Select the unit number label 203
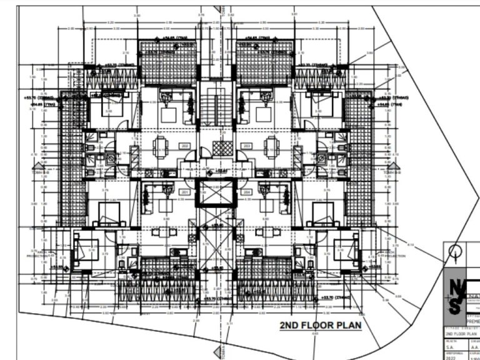pyautogui.click(x=247, y=146)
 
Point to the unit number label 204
pyautogui.click(x=247, y=192)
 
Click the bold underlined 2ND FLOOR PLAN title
pyautogui.click(x=320, y=326)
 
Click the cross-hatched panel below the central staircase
pyautogui.click(x=221, y=148)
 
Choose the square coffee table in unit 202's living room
pyautogui.click(x=169, y=115)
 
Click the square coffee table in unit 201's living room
pyautogui.click(x=166, y=206)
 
